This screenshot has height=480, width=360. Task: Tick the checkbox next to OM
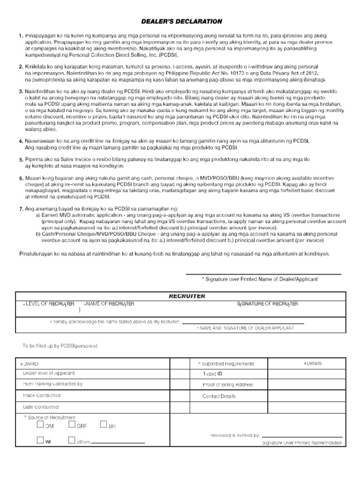point(40,425)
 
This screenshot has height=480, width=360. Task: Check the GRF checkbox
point(72,425)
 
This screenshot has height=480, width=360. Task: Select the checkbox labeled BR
point(103,425)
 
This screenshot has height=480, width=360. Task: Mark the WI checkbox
point(40,441)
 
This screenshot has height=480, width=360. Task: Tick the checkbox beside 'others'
point(72,441)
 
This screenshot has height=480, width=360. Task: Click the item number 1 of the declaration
point(21,36)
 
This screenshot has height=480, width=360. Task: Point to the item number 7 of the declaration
point(21,208)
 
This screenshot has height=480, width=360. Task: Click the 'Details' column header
point(314,364)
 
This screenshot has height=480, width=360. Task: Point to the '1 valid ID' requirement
point(212,374)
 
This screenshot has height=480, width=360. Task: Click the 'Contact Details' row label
point(219,396)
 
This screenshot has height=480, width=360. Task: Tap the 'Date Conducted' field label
point(41,407)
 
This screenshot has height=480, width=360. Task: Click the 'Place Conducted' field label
point(42,396)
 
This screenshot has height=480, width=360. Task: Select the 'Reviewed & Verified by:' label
point(235,435)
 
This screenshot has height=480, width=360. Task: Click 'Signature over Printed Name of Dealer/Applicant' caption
point(260,279)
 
